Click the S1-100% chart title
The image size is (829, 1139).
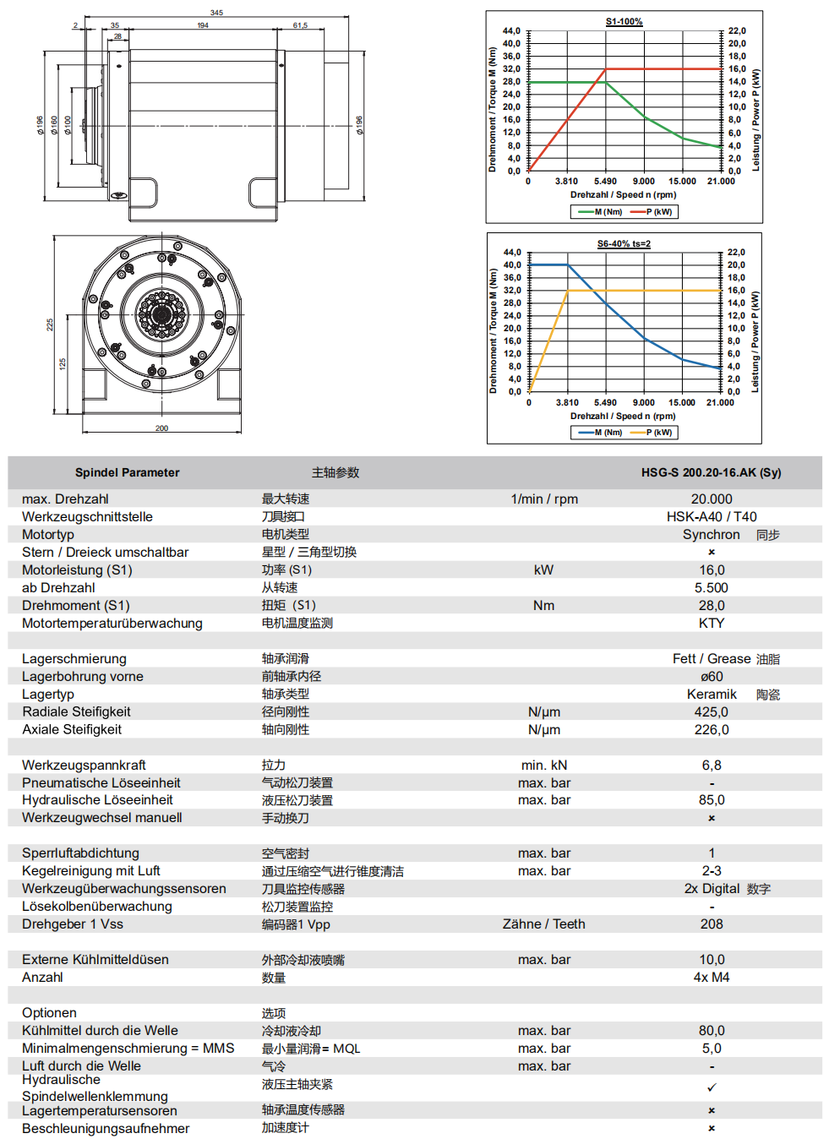click(624, 22)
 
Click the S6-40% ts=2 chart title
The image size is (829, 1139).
click(624, 244)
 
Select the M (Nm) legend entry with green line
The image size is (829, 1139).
click(601, 212)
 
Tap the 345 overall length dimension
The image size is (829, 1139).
click(216, 13)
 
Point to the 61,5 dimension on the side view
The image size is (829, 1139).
click(300, 25)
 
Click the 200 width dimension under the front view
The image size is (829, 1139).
click(161, 428)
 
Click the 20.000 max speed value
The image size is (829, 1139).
click(712, 499)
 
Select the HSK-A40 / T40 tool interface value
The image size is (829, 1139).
click(712, 517)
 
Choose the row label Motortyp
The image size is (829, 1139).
click(48, 535)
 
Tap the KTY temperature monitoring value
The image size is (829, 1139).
click(712, 624)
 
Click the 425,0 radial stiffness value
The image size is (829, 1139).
click(712, 712)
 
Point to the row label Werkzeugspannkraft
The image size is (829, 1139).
click(84, 766)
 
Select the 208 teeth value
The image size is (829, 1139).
click(712, 924)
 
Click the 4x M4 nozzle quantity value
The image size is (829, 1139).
click(712, 978)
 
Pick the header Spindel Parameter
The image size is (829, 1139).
click(127, 473)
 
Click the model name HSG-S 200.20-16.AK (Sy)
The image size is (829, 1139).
click(711, 473)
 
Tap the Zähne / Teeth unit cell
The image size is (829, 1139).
click(543, 924)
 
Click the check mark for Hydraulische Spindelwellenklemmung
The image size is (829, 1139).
click(712, 1087)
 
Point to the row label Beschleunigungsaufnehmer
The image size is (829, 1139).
click(106, 1129)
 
